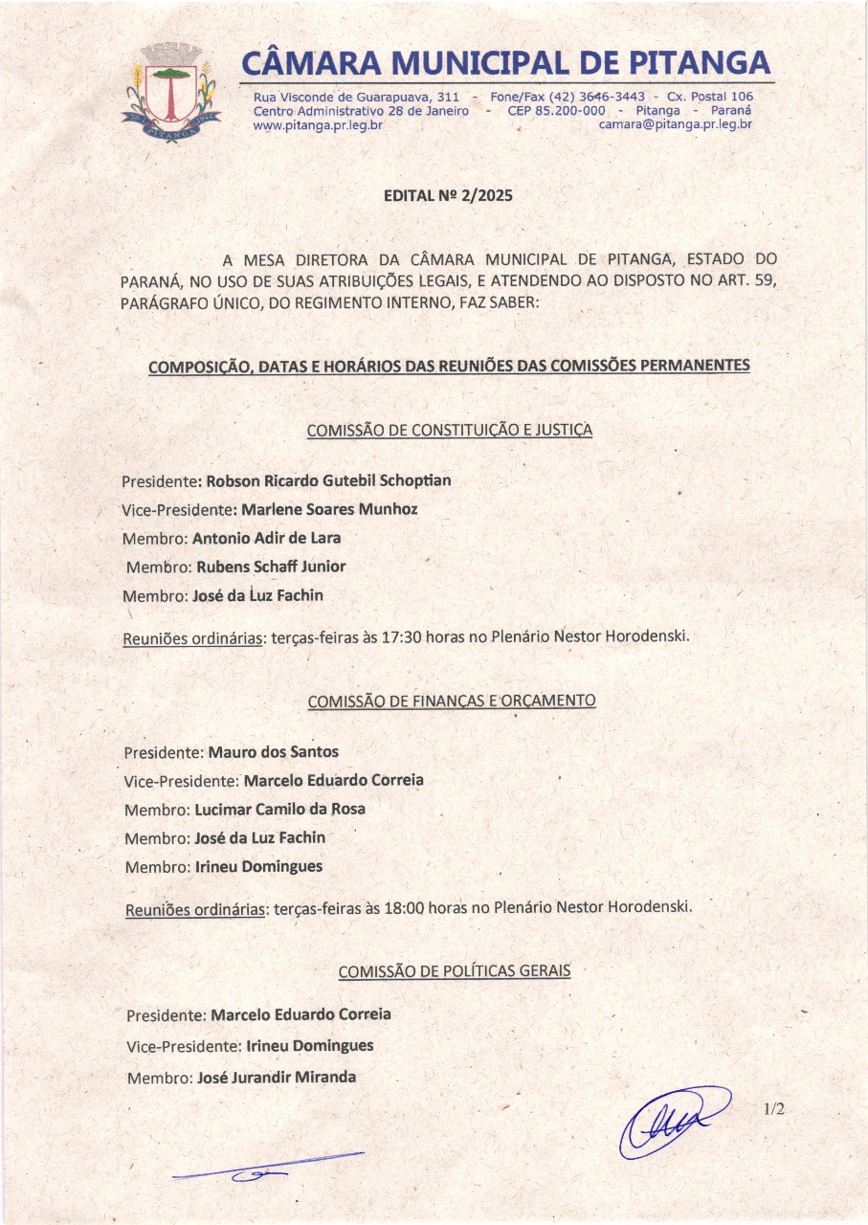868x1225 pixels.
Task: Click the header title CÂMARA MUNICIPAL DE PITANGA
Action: coord(506,63)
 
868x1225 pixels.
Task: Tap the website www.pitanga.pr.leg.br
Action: coord(318,124)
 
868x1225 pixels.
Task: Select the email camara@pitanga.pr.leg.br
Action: coord(676,124)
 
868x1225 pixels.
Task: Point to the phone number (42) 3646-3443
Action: coord(600,97)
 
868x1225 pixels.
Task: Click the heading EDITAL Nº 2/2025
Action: coord(448,195)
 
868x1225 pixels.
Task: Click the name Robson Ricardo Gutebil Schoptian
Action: coord(328,479)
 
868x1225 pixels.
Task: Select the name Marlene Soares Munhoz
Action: coord(329,508)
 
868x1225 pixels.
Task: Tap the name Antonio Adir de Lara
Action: coord(266,537)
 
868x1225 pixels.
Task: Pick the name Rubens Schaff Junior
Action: coord(271,566)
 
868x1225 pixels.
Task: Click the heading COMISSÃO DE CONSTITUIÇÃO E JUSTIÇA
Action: coord(449,431)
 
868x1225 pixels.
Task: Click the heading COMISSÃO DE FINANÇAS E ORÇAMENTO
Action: coord(452,701)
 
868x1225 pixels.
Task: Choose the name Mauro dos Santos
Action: coord(273,751)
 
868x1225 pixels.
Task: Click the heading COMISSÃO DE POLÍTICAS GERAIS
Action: coord(454,971)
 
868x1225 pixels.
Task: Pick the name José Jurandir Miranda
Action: coord(276,1077)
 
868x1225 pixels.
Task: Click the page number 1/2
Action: coord(774,1109)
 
